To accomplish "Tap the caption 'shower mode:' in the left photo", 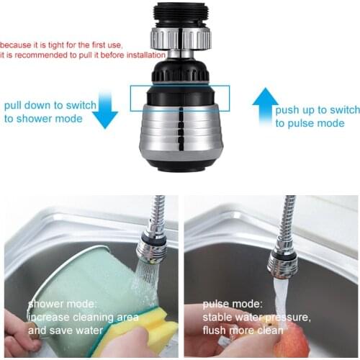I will (60, 304).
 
